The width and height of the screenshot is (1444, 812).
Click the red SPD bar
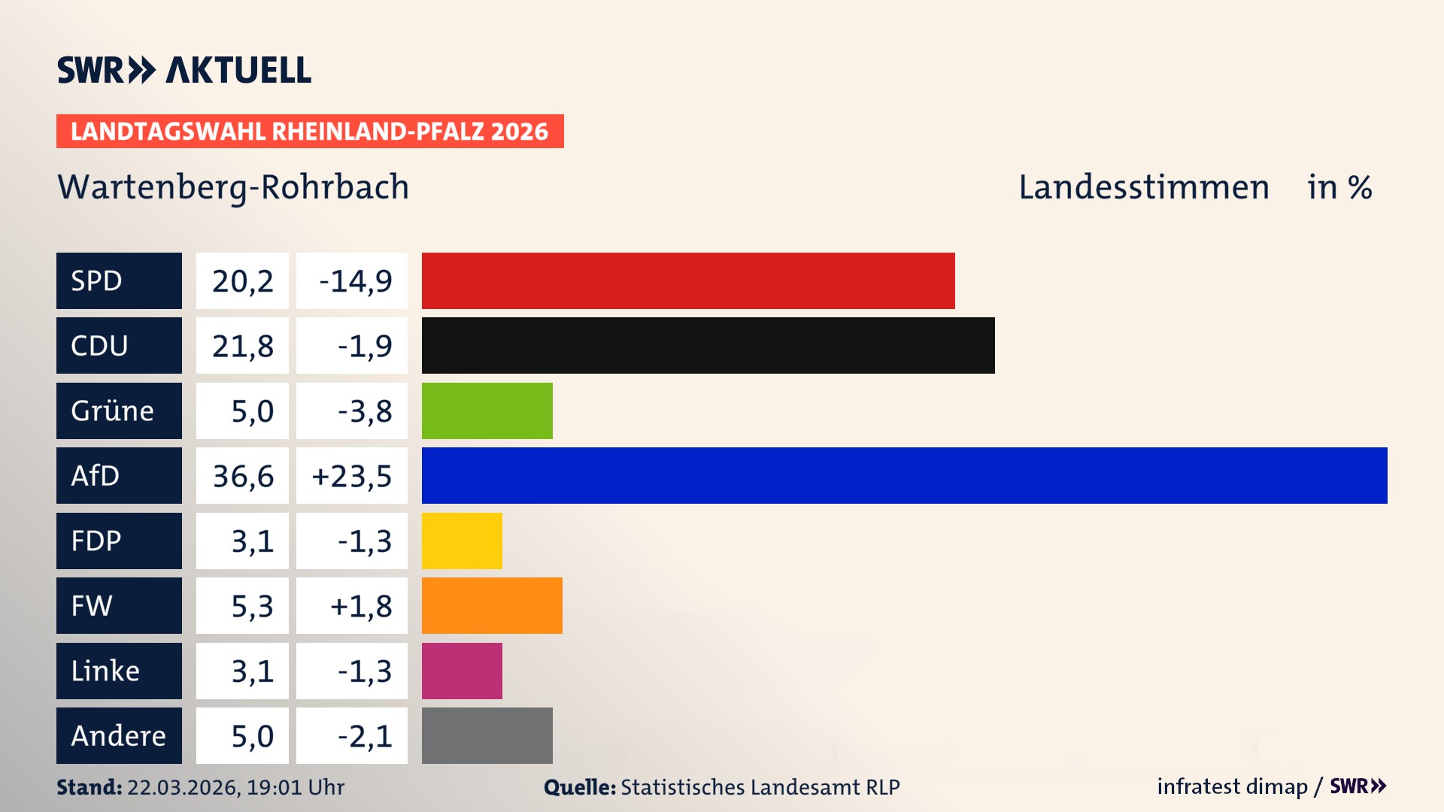click(688, 280)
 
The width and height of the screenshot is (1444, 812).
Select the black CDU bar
click(708, 345)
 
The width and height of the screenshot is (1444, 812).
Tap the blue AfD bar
click(904, 475)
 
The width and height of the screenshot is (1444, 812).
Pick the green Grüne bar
click(487, 411)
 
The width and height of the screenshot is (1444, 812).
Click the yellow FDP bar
click(462, 541)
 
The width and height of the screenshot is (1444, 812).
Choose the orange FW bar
click(492, 605)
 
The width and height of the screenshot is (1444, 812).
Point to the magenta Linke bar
click(462, 671)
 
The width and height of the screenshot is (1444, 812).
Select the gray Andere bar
click(487, 735)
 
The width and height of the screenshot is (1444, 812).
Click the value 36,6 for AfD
click(242, 476)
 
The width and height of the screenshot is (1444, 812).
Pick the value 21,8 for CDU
click(242, 346)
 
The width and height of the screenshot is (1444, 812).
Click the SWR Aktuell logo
click(184, 70)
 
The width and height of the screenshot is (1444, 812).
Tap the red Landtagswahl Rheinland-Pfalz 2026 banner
click(310, 132)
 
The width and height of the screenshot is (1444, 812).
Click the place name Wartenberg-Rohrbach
click(233, 187)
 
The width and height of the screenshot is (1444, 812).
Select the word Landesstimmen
click(1143, 187)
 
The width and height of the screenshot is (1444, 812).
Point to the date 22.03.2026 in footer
click(184, 787)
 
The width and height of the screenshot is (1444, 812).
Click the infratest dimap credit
click(1232, 786)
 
